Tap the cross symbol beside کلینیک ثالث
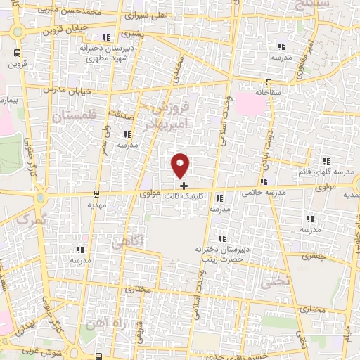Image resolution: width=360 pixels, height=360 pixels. tap(184, 186)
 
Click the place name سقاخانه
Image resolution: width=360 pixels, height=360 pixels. tap(269, 92)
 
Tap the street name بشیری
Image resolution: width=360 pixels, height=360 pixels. tap(130, 33)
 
